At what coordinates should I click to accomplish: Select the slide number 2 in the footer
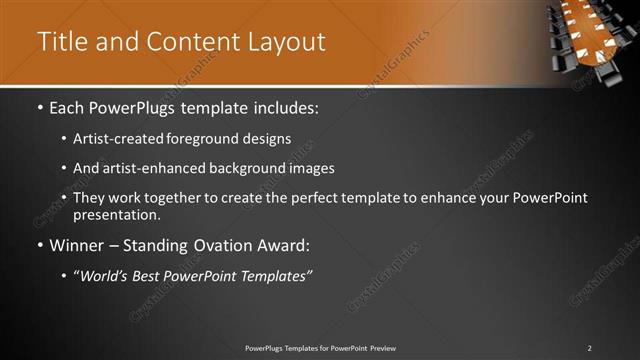(x=589, y=348)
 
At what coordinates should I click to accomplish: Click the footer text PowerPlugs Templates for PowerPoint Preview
(x=320, y=348)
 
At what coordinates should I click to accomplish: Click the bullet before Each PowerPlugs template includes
(x=39, y=107)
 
